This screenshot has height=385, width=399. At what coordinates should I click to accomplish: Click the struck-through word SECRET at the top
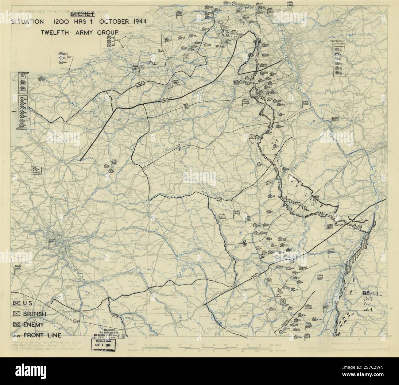(x=83, y=14)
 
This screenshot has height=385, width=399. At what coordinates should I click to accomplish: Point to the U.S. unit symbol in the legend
(x=17, y=303)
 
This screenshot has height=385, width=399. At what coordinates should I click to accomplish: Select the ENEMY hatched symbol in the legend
(x=17, y=324)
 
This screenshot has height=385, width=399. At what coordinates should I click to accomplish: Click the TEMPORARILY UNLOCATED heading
(x=338, y=43)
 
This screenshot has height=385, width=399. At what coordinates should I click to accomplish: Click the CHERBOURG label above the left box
(x=23, y=73)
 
